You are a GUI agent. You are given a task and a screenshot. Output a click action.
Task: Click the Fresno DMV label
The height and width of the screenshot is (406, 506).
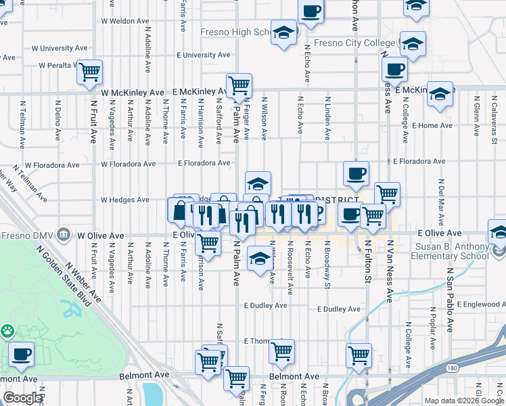click(x=28, y=235)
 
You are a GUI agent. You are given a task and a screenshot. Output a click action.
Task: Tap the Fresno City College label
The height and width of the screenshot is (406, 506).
click(x=354, y=43)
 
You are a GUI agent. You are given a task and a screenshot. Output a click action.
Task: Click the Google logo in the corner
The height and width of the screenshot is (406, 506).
click(x=22, y=398)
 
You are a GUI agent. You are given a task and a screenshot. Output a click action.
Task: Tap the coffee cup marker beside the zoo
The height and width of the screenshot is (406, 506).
click(x=22, y=354)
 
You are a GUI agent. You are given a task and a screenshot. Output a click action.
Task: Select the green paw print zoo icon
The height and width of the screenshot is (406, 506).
click(x=7, y=332)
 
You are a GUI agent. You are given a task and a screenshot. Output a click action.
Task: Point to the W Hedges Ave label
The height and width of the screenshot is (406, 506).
click(x=124, y=200)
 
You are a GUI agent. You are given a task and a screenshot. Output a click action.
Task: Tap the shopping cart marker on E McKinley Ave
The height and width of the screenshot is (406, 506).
click(x=239, y=85)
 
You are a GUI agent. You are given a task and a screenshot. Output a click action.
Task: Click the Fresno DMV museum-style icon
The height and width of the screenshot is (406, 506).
click(x=63, y=234)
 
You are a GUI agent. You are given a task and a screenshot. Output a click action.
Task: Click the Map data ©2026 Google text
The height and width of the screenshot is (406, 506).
click(x=463, y=401)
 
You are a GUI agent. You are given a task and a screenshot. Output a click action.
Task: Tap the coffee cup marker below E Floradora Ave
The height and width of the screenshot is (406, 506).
click(x=356, y=174)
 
